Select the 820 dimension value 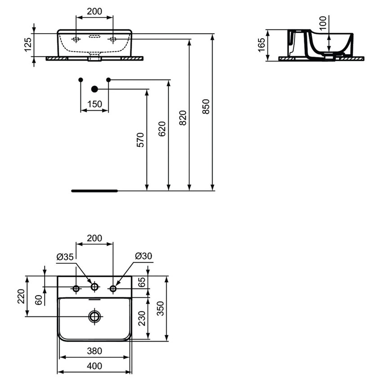click(182, 118)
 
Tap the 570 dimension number click(140, 140)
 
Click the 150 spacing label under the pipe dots click(94, 104)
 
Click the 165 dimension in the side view click(262, 45)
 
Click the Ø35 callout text click(65, 257)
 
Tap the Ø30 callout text click(143, 256)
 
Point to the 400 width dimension click(94, 366)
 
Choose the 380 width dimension click(94, 351)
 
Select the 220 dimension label click(21, 297)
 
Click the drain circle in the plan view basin click(94, 316)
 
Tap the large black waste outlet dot click(94, 89)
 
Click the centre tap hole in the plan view click(94, 287)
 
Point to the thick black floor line click(94, 191)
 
